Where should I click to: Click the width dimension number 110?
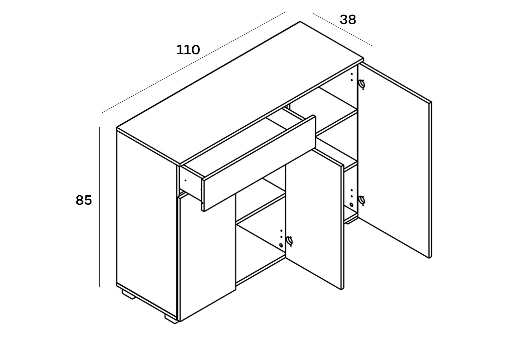pos(188,50)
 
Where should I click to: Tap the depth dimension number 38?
pos(348,20)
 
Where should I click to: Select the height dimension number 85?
pos(84,200)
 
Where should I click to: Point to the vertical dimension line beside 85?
pos(100,207)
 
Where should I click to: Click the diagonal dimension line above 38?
pos(342,29)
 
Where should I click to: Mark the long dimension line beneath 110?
pos(193,62)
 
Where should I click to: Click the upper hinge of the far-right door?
pos(362,84)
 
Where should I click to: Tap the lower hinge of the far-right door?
pos(362,200)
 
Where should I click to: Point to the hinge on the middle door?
pos(290,241)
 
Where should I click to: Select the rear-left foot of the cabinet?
pos(128,294)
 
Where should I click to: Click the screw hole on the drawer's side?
pos(185,180)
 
